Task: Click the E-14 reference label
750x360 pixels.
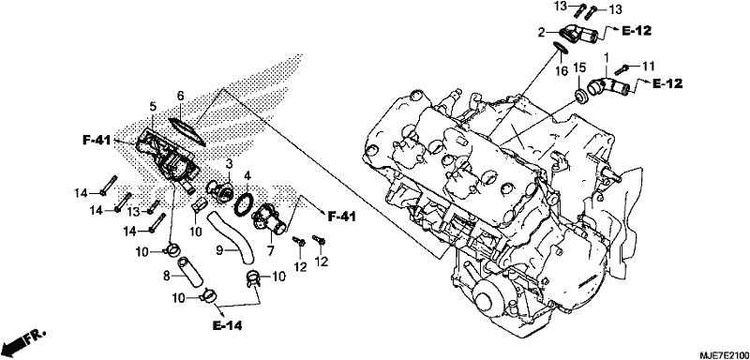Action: tap(227, 326)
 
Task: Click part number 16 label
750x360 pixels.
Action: tap(562, 71)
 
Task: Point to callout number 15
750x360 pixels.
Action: tap(579, 67)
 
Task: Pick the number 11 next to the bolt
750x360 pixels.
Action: tap(648, 66)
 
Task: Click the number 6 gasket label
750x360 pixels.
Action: tap(180, 97)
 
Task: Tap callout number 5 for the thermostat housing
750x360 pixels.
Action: tap(153, 106)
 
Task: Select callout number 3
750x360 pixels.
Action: tap(229, 164)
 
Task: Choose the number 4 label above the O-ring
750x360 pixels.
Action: tap(247, 176)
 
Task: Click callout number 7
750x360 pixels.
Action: tap(270, 250)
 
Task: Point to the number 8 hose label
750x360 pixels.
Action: tap(167, 276)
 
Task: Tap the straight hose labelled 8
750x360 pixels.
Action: tap(190, 273)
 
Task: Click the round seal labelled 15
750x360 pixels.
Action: tap(581, 96)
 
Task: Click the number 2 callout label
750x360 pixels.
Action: tap(542, 33)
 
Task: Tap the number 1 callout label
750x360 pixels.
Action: tap(607, 59)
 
